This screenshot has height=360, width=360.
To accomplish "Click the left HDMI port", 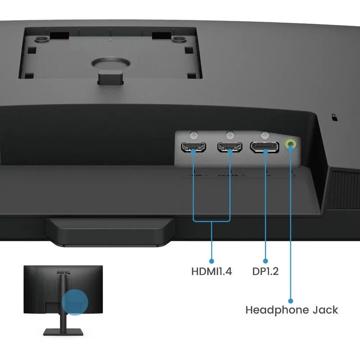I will [x=193, y=147].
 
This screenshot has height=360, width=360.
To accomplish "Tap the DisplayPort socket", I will [x=265, y=147].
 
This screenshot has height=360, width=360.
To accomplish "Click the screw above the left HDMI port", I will [x=195, y=135].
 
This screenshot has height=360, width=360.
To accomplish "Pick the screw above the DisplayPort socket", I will [x=265, y=135].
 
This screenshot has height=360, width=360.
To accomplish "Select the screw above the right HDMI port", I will [x=230, y=135].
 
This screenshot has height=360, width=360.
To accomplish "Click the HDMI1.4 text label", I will [x=212, y=271].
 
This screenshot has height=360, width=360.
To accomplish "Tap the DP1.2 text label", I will [x=265, y=271].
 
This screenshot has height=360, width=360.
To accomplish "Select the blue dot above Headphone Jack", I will [x=291, y=300].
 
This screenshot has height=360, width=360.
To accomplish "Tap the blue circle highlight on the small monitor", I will [x=75, y=302].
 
